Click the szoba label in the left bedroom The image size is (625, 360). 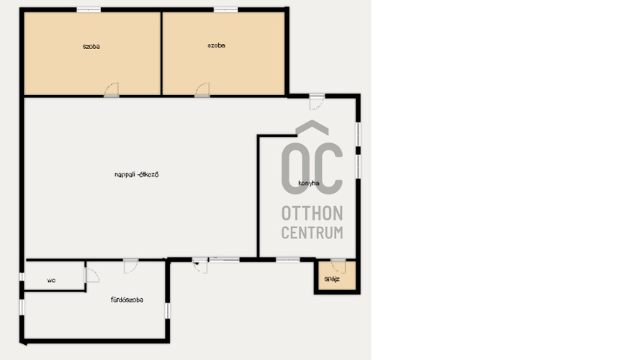91,47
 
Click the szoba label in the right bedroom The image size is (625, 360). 216,45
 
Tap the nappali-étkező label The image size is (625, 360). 136,175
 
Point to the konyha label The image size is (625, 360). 309,184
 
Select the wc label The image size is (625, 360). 51,281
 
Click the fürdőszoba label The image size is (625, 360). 127,300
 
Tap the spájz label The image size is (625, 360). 332,279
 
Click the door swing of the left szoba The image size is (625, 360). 112,89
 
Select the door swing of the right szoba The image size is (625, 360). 202,89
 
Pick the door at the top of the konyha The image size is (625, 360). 317,102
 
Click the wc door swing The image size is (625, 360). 92,275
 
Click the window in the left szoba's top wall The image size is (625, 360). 89,9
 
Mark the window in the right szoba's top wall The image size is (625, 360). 225,9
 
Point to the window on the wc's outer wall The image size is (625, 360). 22,276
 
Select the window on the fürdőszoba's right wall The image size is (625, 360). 167,310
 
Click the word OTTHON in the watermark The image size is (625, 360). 312,214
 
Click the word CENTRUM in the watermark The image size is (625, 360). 312,233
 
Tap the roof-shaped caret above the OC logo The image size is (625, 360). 312,127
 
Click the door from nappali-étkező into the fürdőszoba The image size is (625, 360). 130,266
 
